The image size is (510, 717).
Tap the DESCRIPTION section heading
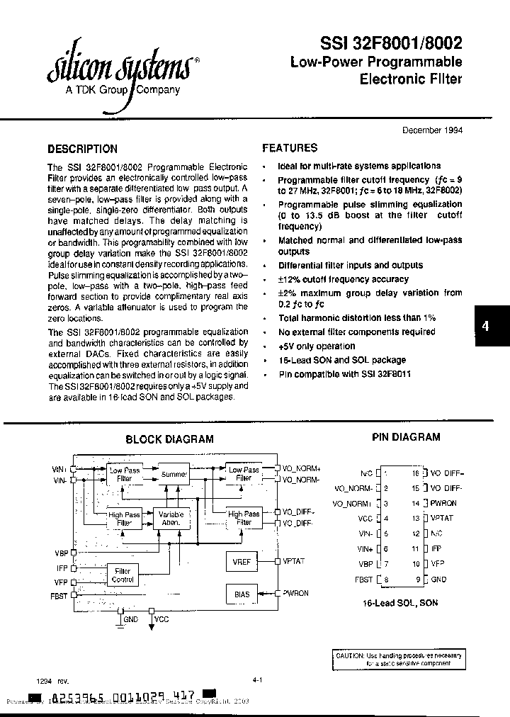coord(82,149)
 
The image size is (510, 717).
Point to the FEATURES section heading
coord(290,148)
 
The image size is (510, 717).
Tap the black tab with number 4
coord(486,327)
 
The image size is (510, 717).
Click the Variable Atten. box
coord(171,518)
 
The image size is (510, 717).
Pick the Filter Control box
coord(123,575)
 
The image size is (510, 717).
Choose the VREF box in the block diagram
coord(242,561)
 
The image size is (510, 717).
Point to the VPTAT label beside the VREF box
coord(294,561)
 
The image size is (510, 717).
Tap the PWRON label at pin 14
coord(443,503)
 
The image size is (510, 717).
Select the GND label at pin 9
coord(438,579)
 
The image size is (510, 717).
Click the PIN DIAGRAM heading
coord(406,438)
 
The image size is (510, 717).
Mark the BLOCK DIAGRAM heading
coord(169,439)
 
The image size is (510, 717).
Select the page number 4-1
coord(257,680)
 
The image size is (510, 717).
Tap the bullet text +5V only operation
coord(317,346)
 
